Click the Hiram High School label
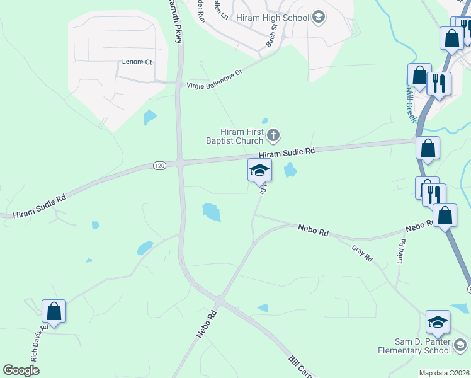coord(273,17)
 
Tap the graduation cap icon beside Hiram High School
coord(319,17)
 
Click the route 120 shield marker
coord(159,165)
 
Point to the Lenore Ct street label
coord(137,62)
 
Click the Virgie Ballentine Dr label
coord(214,79)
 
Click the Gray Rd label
coord(363,253)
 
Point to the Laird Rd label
coord(400,250)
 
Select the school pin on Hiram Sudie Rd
coord(259,170)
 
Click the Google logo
coord(21,370)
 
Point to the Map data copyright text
coord(445,373)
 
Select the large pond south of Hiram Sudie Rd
coord(212,212)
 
